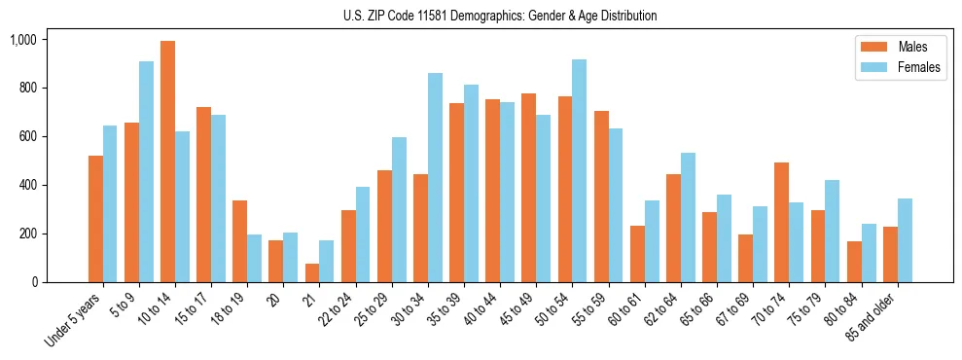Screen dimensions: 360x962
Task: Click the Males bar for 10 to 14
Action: (x=167, y=162)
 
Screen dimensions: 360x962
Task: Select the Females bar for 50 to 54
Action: (x=579, y=171)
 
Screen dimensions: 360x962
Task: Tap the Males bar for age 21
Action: (x=312, y=272)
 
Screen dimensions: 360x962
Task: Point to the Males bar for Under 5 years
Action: (x=95, y=219)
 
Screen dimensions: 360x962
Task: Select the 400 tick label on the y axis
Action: (x=26, y=185)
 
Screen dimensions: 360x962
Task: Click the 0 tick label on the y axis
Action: (x=33, y=282)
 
